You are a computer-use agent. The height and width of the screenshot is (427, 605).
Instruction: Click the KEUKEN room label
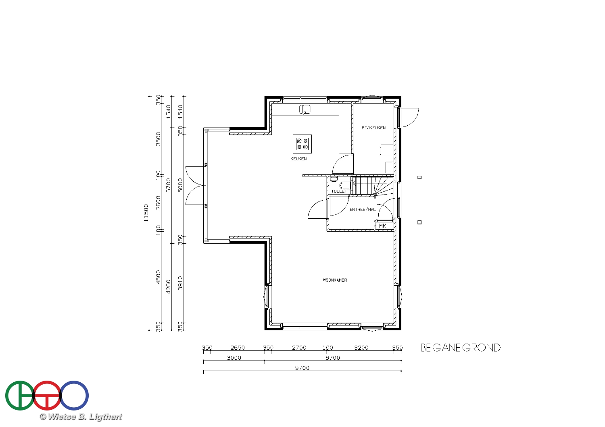pyautogui.click(x=298, y=159)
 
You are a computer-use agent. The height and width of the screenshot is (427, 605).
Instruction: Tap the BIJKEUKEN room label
pyautogui.click(x=373, y=128)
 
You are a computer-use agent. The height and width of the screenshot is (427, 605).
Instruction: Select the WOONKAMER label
pyautogui.click(x=335, y=280)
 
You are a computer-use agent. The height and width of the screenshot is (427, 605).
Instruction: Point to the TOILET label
pyautogui.click(x=339, y=191)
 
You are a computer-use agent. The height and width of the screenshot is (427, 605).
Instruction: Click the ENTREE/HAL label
pyautogui.click(x=363, y=209)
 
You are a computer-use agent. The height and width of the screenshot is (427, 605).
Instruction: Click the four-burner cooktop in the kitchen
pyautogui.click(x=302, y=144)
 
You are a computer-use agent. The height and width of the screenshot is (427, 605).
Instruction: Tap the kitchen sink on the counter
pyautogui.click(x=305, y=110)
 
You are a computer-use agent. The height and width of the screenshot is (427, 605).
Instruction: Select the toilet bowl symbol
pyautogui.click(x=345, y=185)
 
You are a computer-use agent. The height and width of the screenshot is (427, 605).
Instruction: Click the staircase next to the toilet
pyautogui.click(x=373, y=186)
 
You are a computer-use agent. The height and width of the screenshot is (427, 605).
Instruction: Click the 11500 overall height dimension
pyautogui.click(x=146, y=213)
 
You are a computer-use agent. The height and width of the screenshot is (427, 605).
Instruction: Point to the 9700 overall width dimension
pyautogui.click(x=302, y=368)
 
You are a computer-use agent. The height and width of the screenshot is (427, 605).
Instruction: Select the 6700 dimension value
pyautogui.click(x=332, y=358)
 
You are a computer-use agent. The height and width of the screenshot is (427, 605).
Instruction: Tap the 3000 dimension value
pyautogui.click(x=234, y=358)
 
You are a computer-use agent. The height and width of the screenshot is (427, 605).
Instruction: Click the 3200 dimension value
pyautogui.click(x=361, y=348)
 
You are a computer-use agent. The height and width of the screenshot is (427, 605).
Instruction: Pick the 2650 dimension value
pyautogui.click(x=238, y=348)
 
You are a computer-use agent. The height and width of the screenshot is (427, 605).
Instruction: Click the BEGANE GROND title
pyautogui.click(x=461, y=348)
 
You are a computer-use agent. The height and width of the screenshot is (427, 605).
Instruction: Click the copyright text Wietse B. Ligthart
pyautogui.click(x=81, y=417)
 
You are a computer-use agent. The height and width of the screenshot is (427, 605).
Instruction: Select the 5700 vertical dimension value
pyautogui.click(x=168, y=185)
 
